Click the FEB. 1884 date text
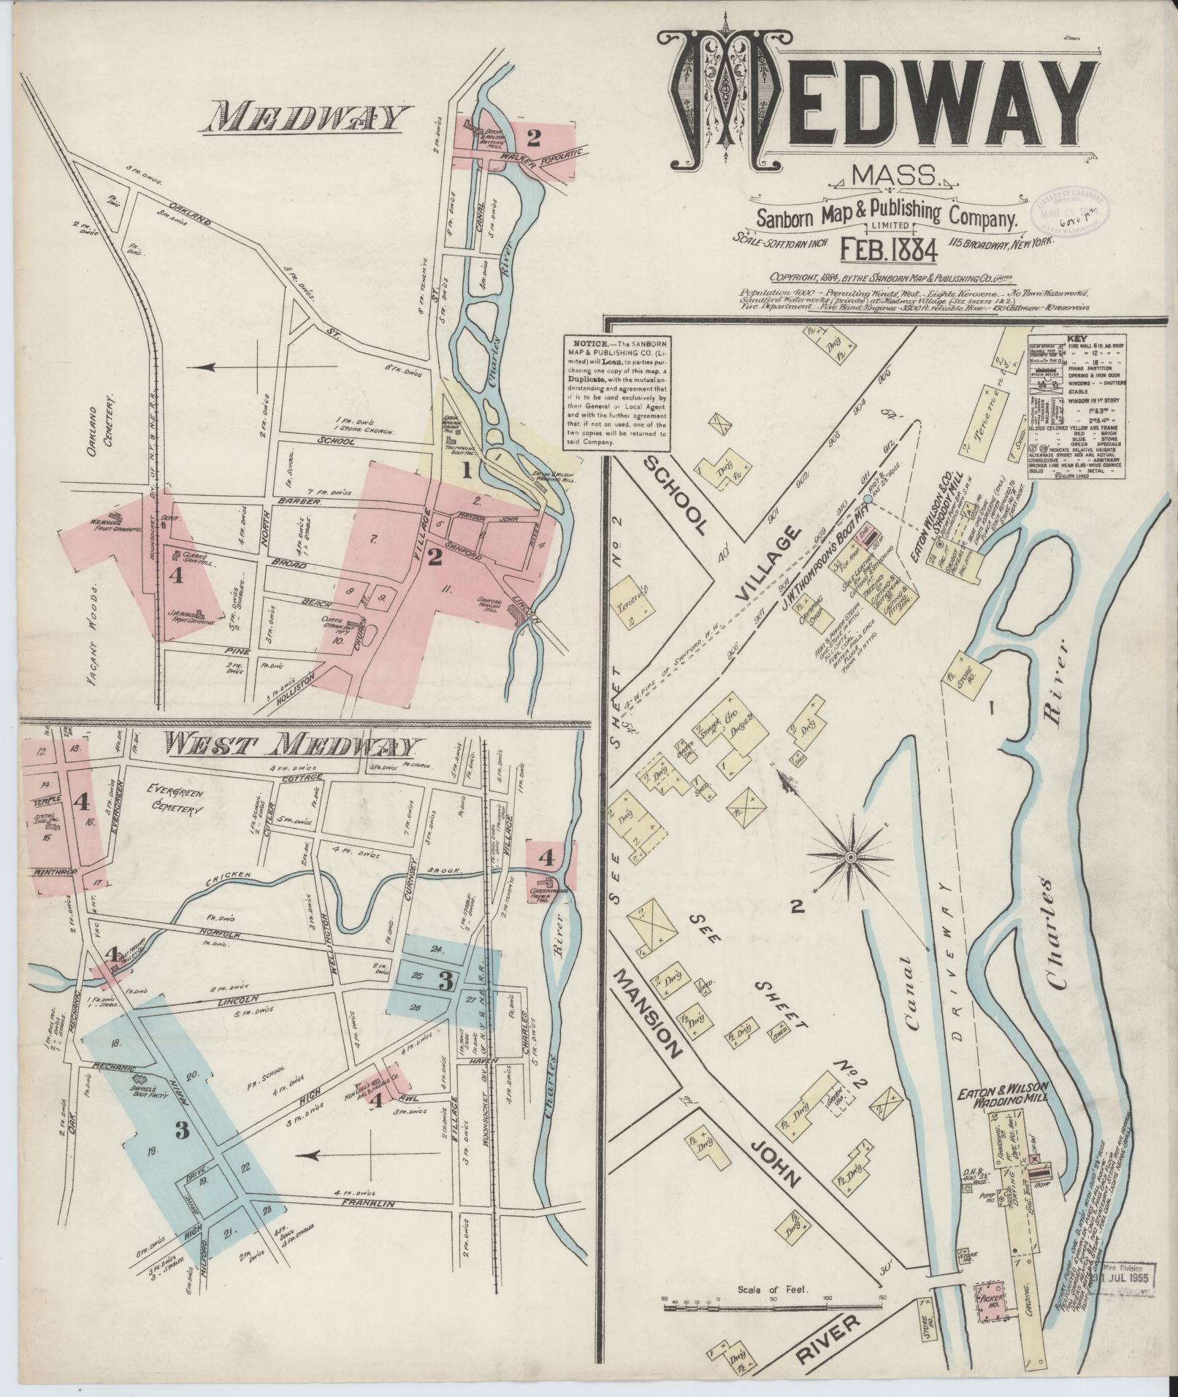(889, 249)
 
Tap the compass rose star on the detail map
(851, 856)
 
